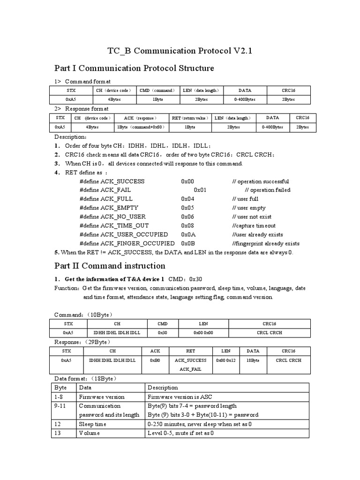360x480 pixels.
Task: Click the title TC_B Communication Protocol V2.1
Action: coord(180,51)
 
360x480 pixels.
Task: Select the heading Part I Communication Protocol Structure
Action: coord(134,68)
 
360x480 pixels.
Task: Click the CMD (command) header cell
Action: coord(157,90)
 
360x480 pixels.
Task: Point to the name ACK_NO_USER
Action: coord(123,217)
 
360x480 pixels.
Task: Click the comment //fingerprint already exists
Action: coord(266,243)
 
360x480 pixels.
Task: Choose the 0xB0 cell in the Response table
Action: coord(155,360)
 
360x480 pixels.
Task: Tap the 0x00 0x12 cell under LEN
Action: coord(226,360)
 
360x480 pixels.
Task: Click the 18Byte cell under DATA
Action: coord(253,360)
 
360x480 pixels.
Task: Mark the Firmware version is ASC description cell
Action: coord(179,397)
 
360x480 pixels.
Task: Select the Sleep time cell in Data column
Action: coord(93,424)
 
